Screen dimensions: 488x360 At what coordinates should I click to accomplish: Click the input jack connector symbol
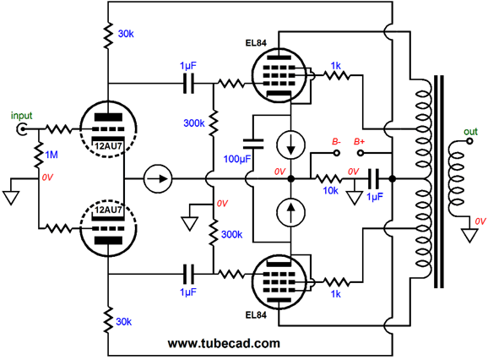22,129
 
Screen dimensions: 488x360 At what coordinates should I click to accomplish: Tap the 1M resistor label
52,155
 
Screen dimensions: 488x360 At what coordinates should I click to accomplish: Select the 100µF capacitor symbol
253,145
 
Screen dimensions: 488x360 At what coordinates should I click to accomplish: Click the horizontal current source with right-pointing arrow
158,179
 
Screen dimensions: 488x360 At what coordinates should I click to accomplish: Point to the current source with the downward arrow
290,145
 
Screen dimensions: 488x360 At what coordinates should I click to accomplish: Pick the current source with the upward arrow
290,212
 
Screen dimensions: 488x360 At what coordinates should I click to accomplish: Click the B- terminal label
336,142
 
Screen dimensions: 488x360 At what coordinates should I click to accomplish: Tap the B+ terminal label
359,142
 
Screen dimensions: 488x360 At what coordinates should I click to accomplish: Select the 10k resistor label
330,190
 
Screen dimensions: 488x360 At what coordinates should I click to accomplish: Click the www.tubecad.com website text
224,343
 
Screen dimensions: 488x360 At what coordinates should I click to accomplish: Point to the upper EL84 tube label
256,43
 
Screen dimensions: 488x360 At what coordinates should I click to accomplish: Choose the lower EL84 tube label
256,315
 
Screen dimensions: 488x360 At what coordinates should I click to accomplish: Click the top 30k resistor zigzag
108,35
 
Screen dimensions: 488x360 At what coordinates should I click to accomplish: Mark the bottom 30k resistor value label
123,322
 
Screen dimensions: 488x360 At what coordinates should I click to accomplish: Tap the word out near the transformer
470,132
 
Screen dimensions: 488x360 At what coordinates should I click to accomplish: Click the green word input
21,116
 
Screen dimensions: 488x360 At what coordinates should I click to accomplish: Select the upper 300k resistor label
194,123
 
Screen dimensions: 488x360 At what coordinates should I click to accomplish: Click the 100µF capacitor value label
237,159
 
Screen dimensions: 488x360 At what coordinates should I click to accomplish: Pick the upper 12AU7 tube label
108,145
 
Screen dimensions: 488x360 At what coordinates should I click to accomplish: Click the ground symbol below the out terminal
469,236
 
